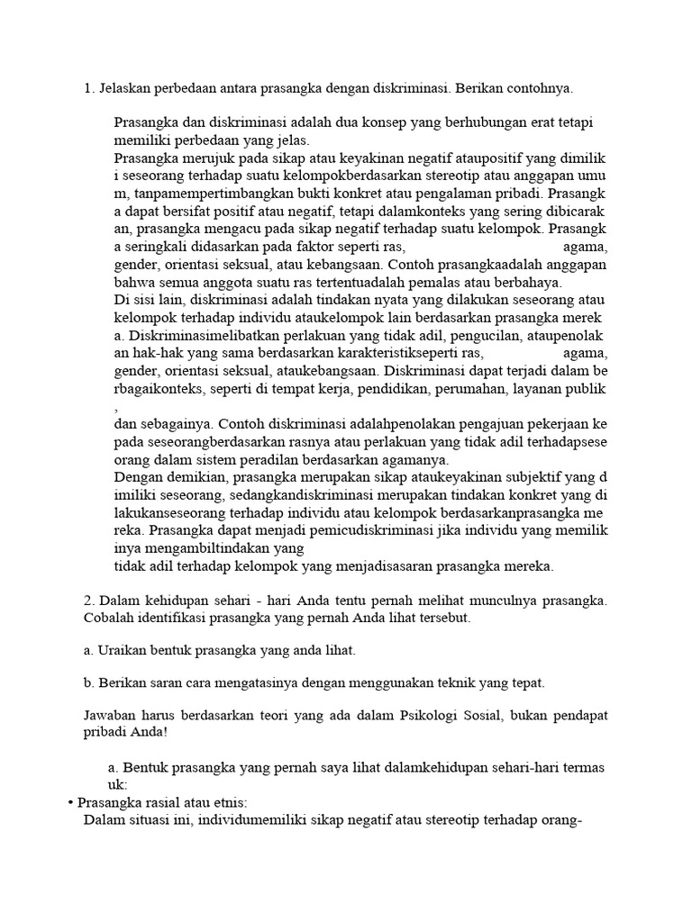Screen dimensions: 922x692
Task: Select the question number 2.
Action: pos(88,600)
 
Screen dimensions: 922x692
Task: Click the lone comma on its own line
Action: pos(117,406)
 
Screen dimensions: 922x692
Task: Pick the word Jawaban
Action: pos(111,715)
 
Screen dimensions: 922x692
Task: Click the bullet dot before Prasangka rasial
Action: pos(70,802)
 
